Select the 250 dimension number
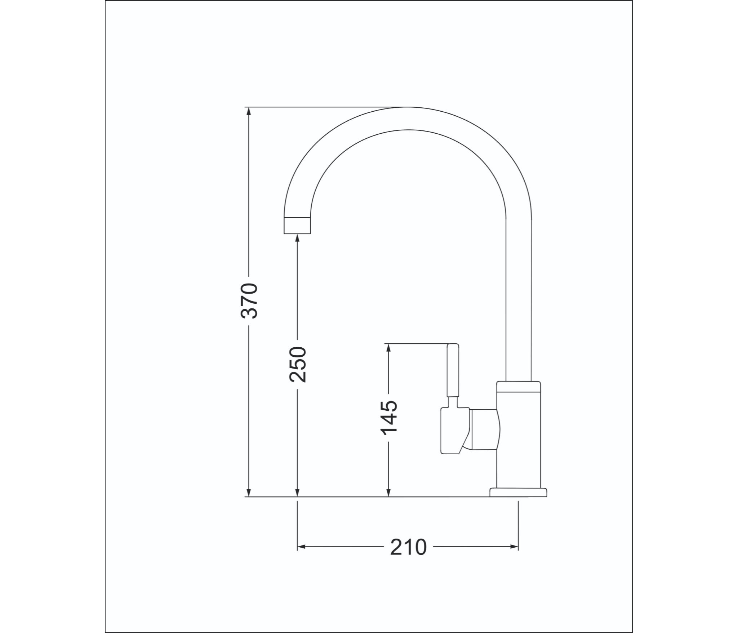(x=297, y=364)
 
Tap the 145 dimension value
(x=389, y=417)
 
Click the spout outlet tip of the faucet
(x=297, y=226)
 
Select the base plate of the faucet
(x=518, y=492)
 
